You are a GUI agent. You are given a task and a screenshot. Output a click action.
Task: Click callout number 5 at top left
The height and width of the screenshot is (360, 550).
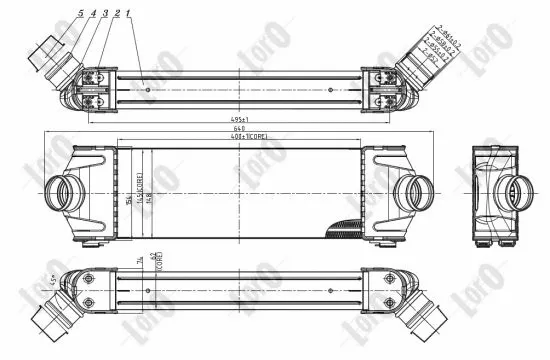tap(80, 13)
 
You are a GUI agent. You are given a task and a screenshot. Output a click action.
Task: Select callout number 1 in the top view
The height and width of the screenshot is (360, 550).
tap(129, 13)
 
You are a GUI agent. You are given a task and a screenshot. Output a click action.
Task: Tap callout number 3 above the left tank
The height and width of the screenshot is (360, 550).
tap(105, 13)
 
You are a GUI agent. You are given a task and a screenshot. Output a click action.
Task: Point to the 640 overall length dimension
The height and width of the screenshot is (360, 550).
tap(237, 130)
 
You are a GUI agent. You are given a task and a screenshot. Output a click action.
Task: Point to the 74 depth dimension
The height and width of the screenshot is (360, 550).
tap(137, 261)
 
